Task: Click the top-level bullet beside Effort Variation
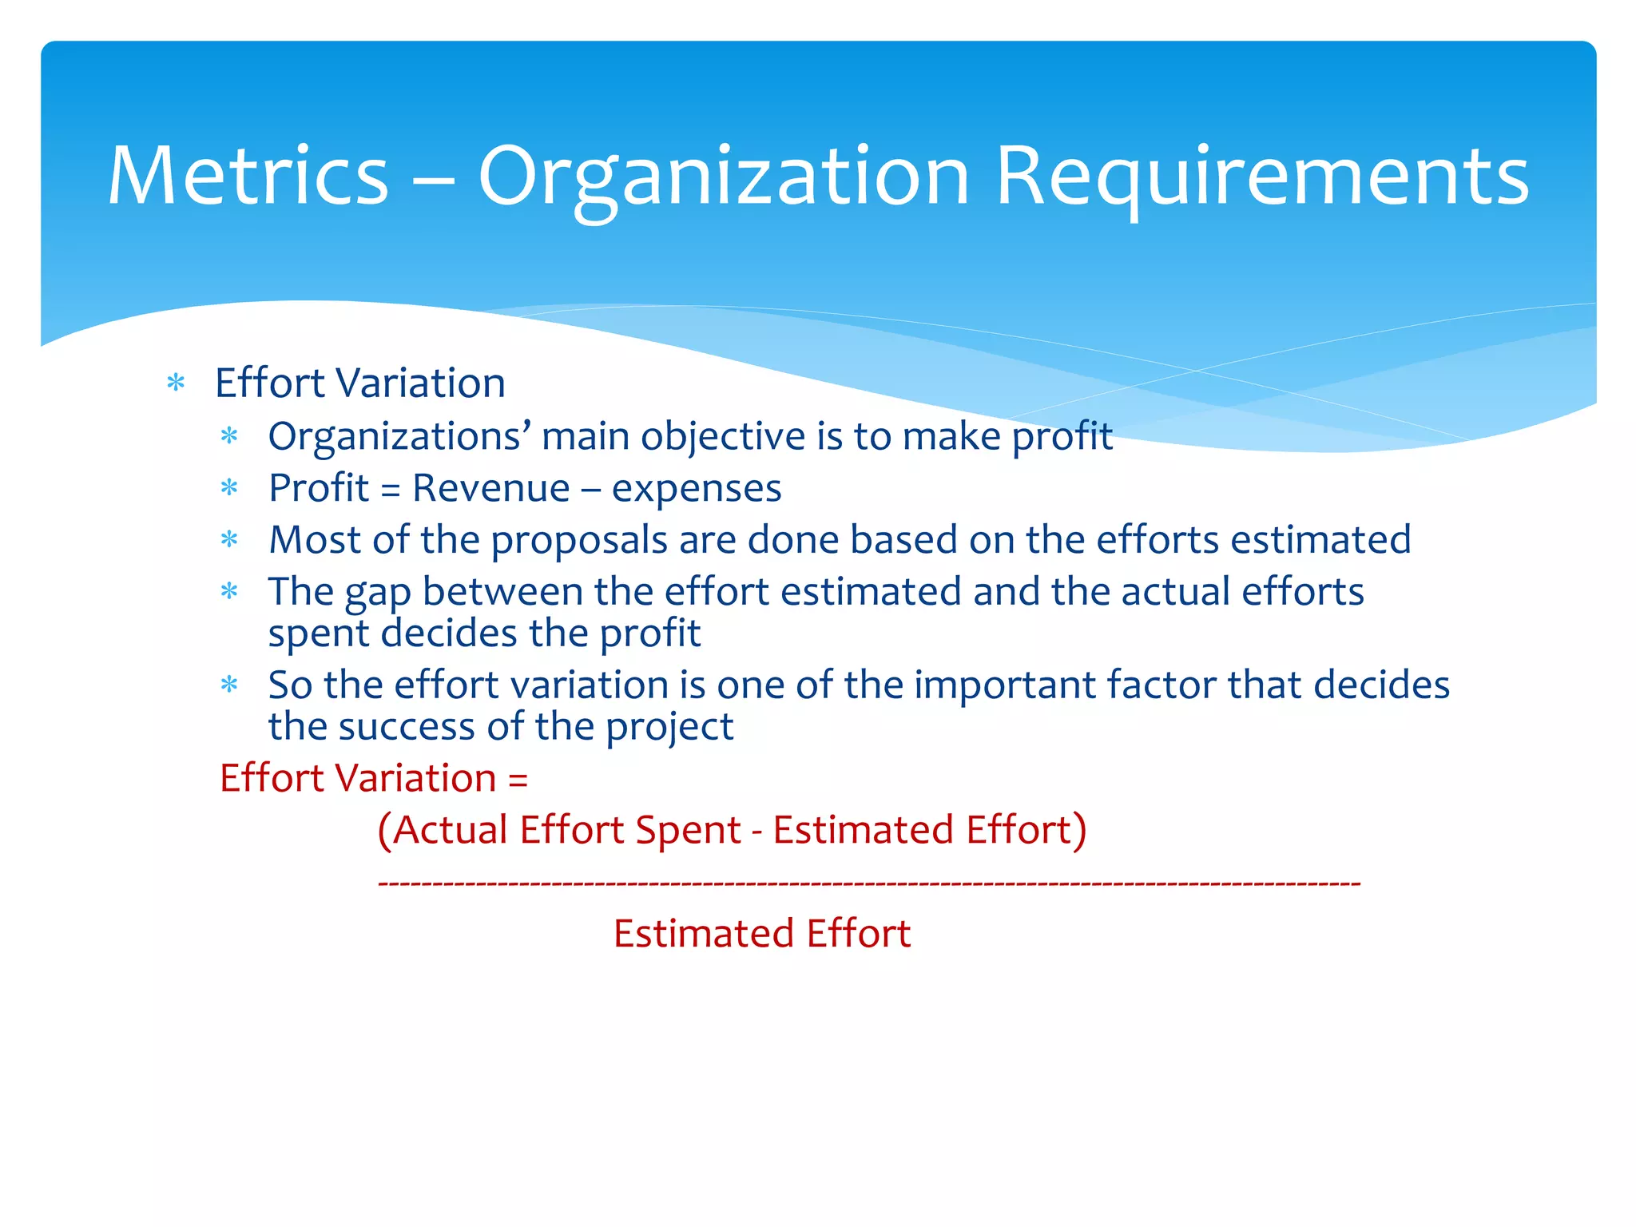tap(176, 383)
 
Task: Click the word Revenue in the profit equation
tap(490, 488)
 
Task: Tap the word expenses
tap(697, 490)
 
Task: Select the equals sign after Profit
tap(391, 490)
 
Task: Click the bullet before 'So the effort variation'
tap(229, 685)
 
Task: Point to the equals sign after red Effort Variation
tap(518, 780)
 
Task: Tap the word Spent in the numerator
tap(688, 831)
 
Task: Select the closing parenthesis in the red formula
tap(1079, 831)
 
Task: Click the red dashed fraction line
tap(868, 884)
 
